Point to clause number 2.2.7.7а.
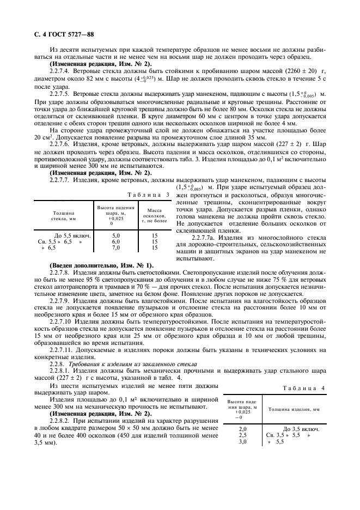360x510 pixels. [206, 238]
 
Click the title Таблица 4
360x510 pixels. [304, 387]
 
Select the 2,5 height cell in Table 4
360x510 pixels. [243, 436]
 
